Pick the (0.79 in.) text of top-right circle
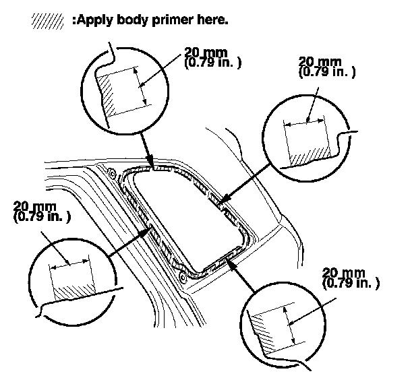coord(326,71)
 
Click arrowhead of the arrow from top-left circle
coord(153,164)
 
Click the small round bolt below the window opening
coord(183,277)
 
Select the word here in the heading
coord(211,20)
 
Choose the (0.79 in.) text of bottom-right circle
coord(351,282)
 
